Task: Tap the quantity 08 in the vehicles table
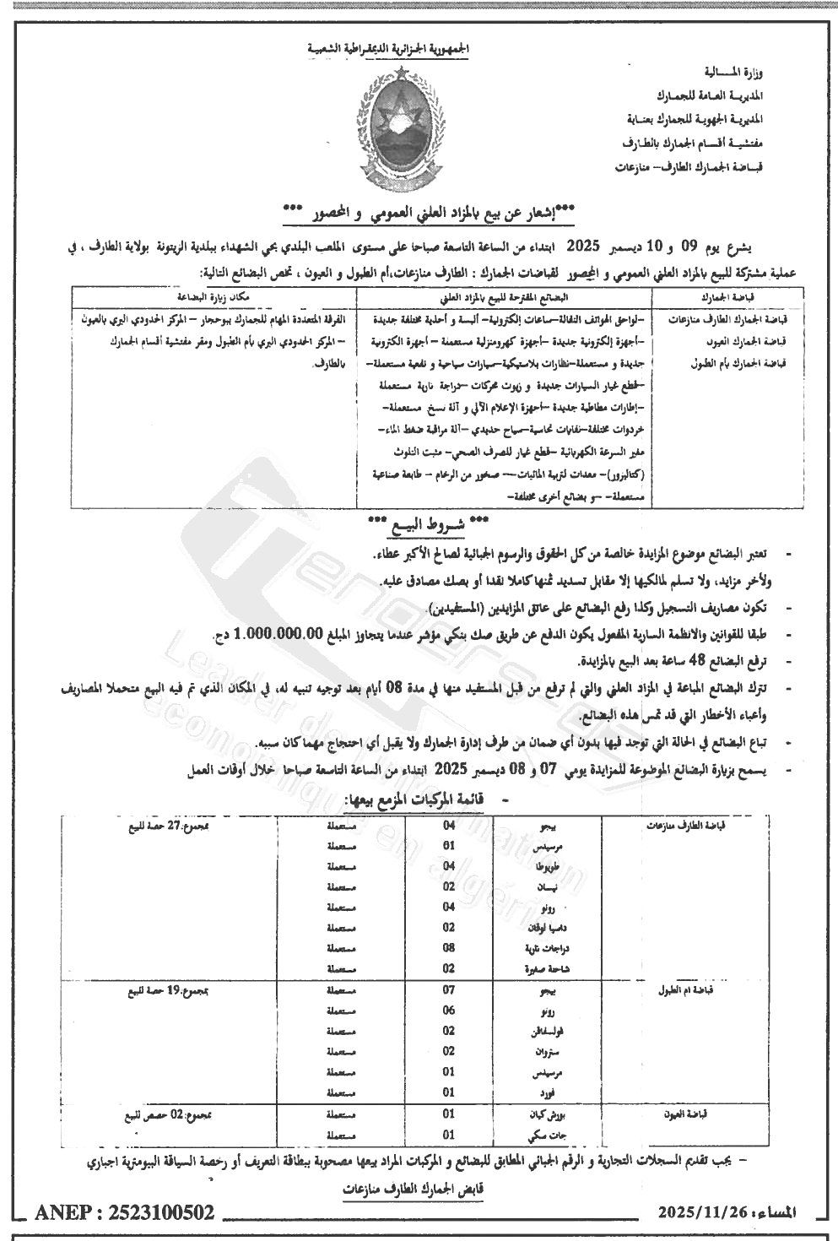pos(449,948)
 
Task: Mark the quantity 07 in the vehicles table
pos(449,989)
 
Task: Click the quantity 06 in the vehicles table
pos(449,1010)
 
